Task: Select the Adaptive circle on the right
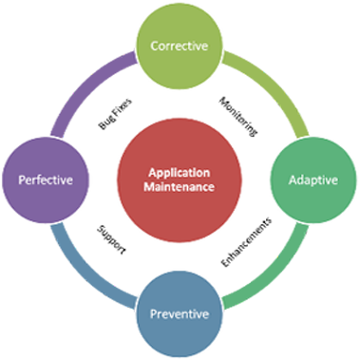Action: point(312,180)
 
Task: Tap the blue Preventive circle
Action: point(180,312)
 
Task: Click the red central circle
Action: point(180,179)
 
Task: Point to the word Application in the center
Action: point(180,172)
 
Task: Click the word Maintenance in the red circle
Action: point(180,186)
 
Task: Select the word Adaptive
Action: point(312,180)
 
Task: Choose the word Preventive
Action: point(180,312)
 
